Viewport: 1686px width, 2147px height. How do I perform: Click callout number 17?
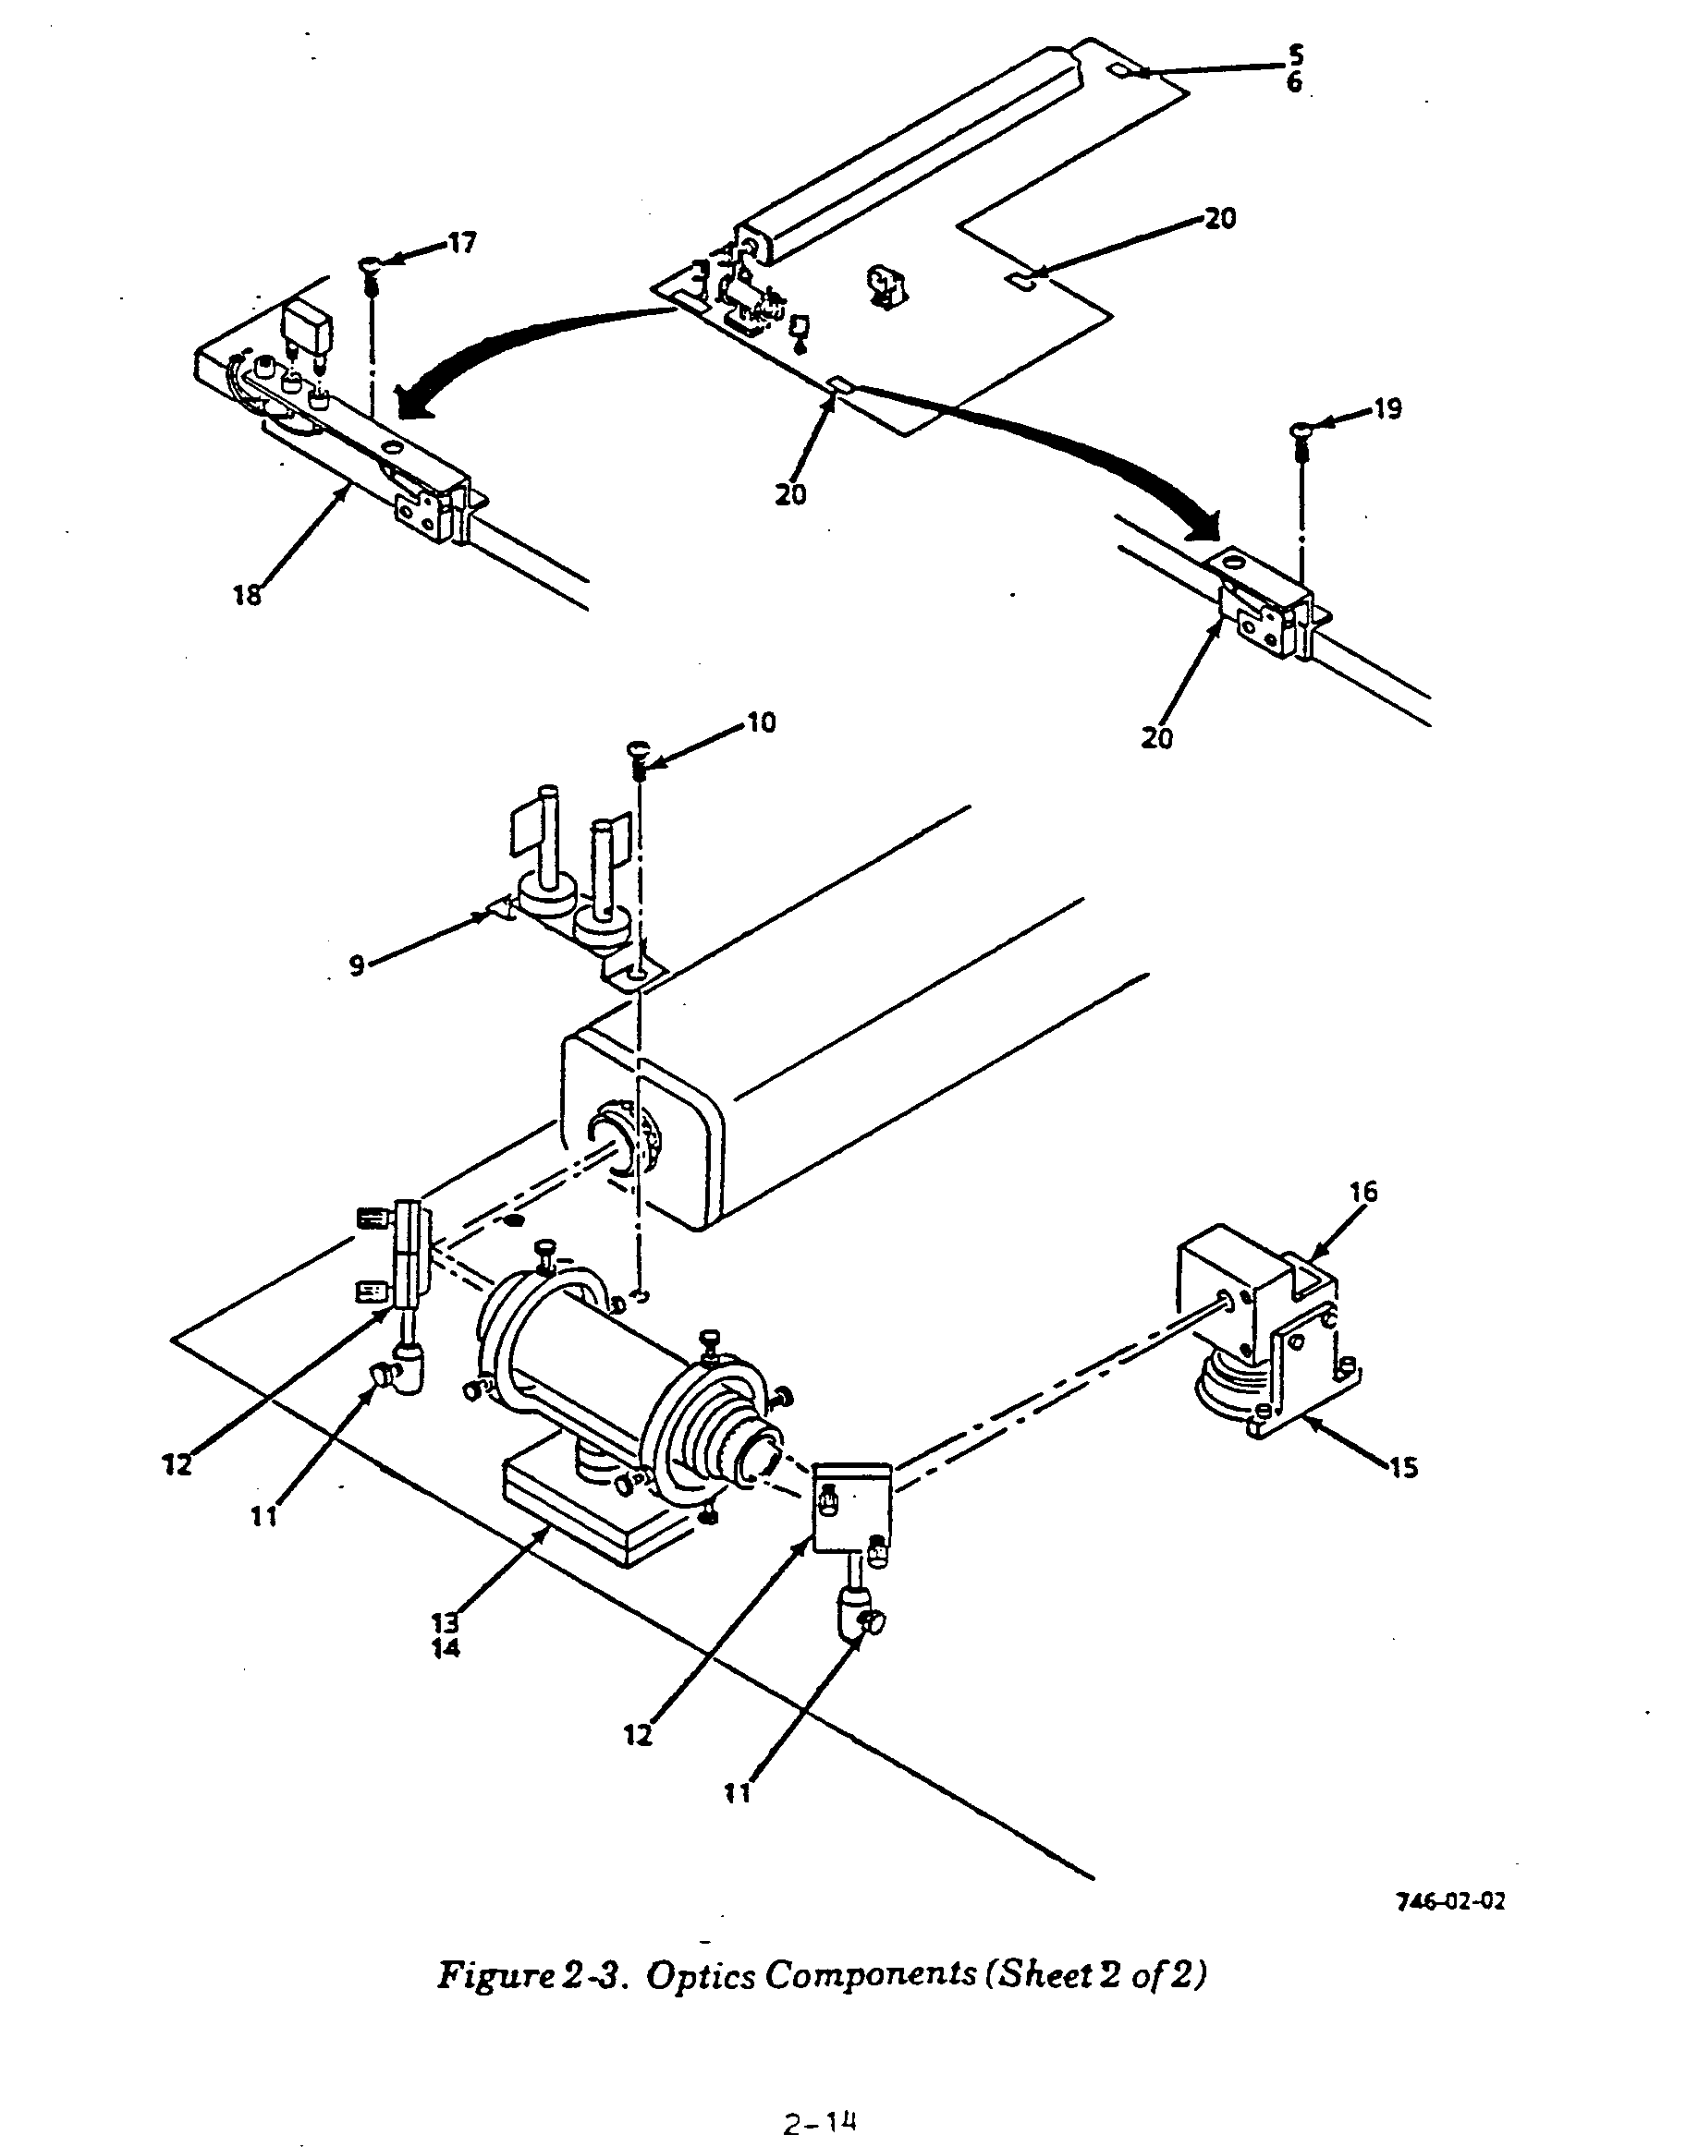461,243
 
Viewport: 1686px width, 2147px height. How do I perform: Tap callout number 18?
247,595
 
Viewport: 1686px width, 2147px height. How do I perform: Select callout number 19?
1387,408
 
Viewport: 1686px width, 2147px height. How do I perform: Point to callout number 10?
761,722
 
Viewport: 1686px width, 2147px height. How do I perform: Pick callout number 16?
1363,1192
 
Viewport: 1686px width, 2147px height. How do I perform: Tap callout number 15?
1403,1468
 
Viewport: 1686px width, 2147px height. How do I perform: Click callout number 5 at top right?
1295,55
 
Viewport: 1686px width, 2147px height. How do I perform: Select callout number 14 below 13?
446,1649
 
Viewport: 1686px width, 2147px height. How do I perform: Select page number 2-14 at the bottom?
818,2120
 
